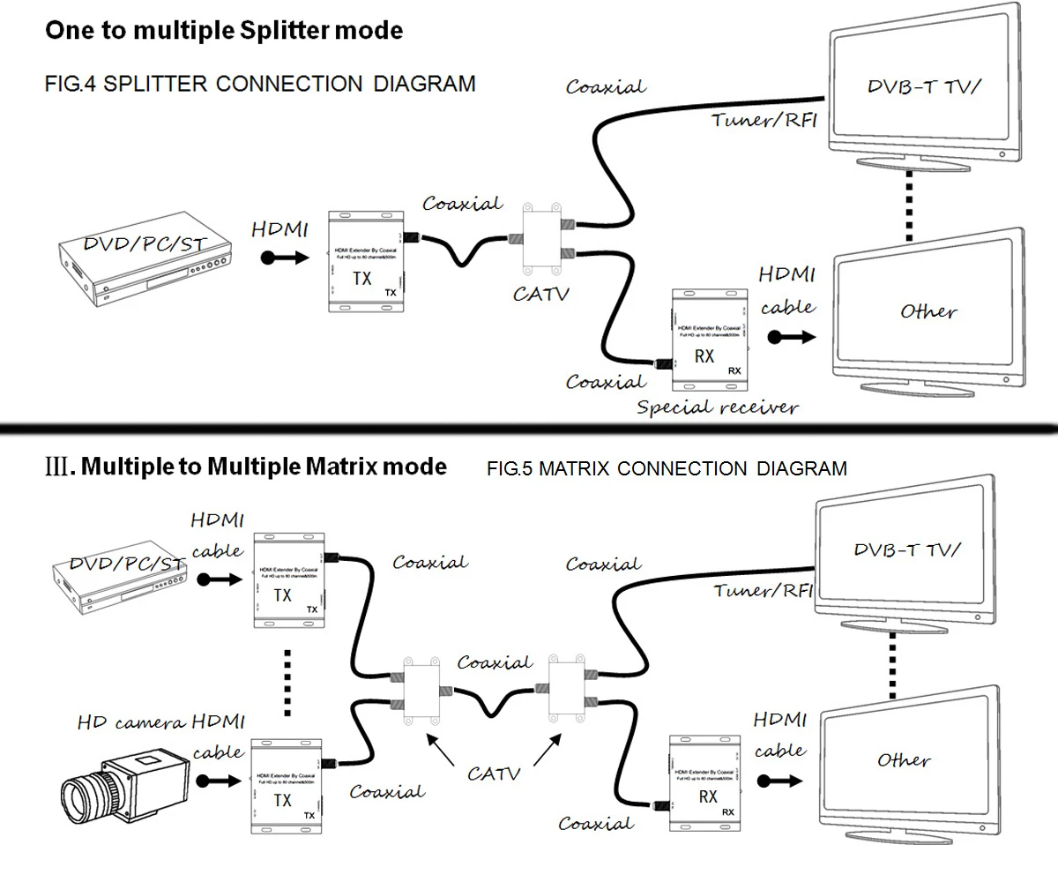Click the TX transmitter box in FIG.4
click(x=365, y=261)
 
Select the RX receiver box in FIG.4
click(x=708, y=340)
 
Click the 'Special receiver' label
click(x=717, y=407)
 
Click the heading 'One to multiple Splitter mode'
click(x=224, y=31)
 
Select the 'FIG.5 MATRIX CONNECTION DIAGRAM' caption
click(x=667, y=468)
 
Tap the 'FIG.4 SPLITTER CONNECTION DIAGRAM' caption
click(x=260, y=84)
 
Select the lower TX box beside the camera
click(x=284, y=785)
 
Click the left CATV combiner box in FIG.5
click(x=420, y=691)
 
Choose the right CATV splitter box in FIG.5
click(x=567, y=691)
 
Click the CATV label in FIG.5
click(x=493, y=774)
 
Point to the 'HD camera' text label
click(x=130, y=723)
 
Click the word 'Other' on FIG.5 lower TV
click(x=904, y=759)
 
